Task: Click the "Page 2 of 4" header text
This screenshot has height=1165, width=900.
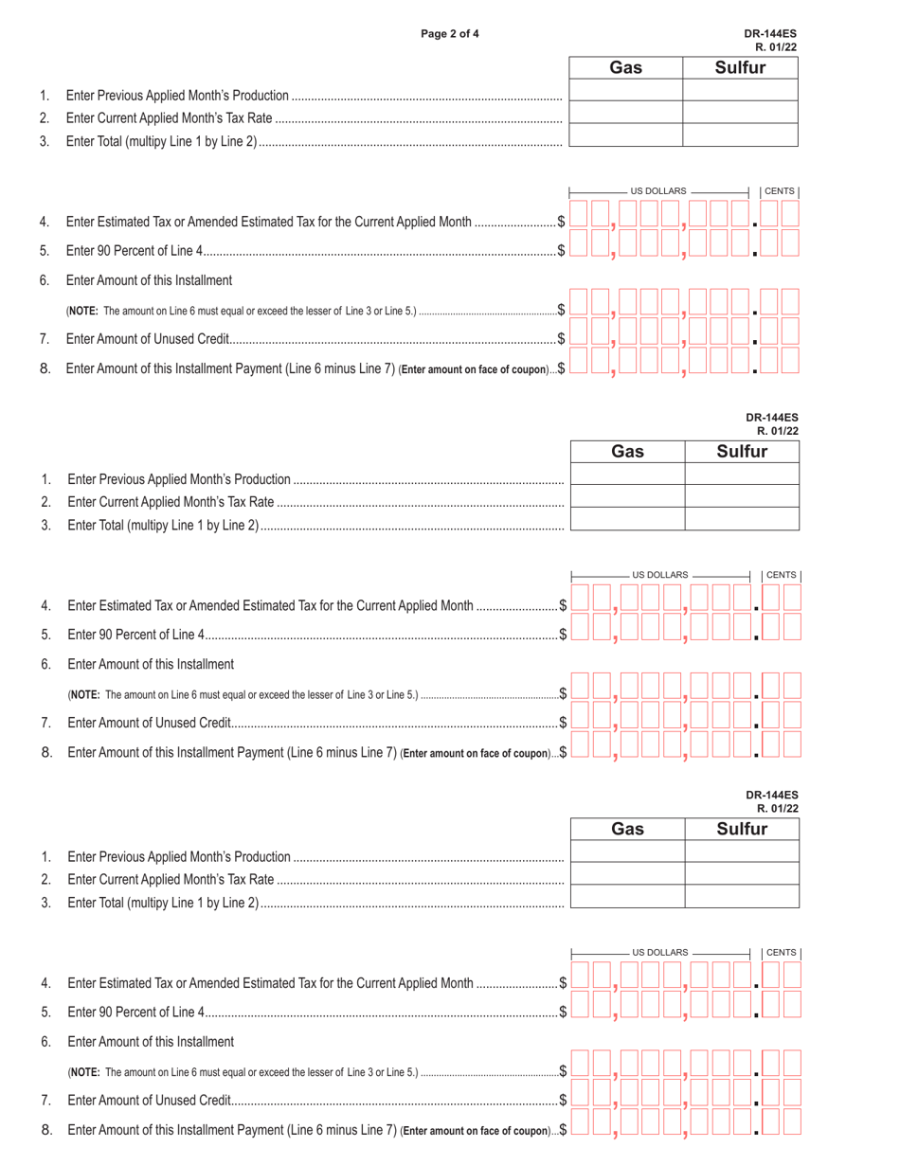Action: tap(450, 34)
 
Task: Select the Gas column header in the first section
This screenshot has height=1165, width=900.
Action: tap(625, 67)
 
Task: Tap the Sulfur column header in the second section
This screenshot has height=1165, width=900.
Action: tap(742, 452)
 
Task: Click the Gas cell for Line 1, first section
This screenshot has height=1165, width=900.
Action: tap(625, 90)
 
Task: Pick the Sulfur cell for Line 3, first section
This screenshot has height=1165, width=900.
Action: tap(740, 134)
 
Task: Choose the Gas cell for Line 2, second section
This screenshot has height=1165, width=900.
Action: tap(627, 495)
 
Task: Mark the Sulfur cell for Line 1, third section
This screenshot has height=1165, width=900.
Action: tap(742, 851)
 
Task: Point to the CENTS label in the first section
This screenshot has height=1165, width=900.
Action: tap(780, 191)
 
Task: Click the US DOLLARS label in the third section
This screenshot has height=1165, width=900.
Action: tap(660, 952)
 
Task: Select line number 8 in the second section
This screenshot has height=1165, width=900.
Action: tap(46, 753)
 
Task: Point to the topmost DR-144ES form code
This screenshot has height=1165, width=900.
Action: tap(771, 34)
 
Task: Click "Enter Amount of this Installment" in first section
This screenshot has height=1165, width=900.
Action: tap(149, 280)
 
